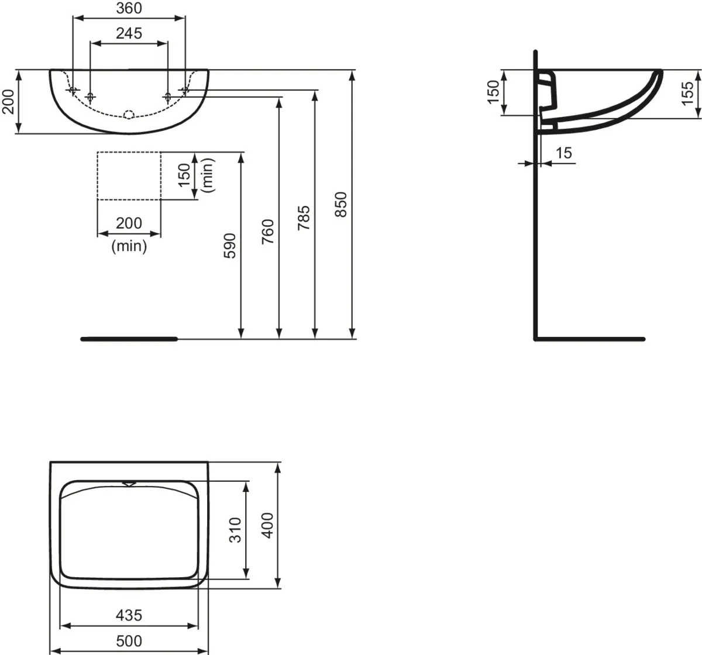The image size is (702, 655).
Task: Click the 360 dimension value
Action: point(129,8)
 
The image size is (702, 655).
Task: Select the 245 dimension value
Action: point(129,33)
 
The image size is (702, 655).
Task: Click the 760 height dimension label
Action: point(268,231)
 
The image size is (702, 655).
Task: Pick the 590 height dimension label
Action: point(230,246)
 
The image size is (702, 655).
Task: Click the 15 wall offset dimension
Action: point(563,153)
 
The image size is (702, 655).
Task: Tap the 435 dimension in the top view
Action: point(129,615)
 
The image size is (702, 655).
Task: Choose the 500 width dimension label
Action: point(129,641)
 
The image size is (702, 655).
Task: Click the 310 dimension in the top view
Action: point(235,530)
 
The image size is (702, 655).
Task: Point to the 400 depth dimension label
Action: point(267,525)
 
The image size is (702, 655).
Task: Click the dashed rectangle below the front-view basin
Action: point(129,175)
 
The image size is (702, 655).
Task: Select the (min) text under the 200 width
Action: point(129,246)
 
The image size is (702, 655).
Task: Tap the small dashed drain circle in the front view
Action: point(130,114)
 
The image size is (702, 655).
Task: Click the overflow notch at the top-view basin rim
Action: point(129,483)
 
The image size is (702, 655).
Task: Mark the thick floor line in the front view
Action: point(129,338)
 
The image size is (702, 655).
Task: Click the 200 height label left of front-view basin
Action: point(8,102)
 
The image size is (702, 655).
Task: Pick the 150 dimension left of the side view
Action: point(493,92)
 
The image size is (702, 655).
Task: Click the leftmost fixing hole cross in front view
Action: point(73,90)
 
